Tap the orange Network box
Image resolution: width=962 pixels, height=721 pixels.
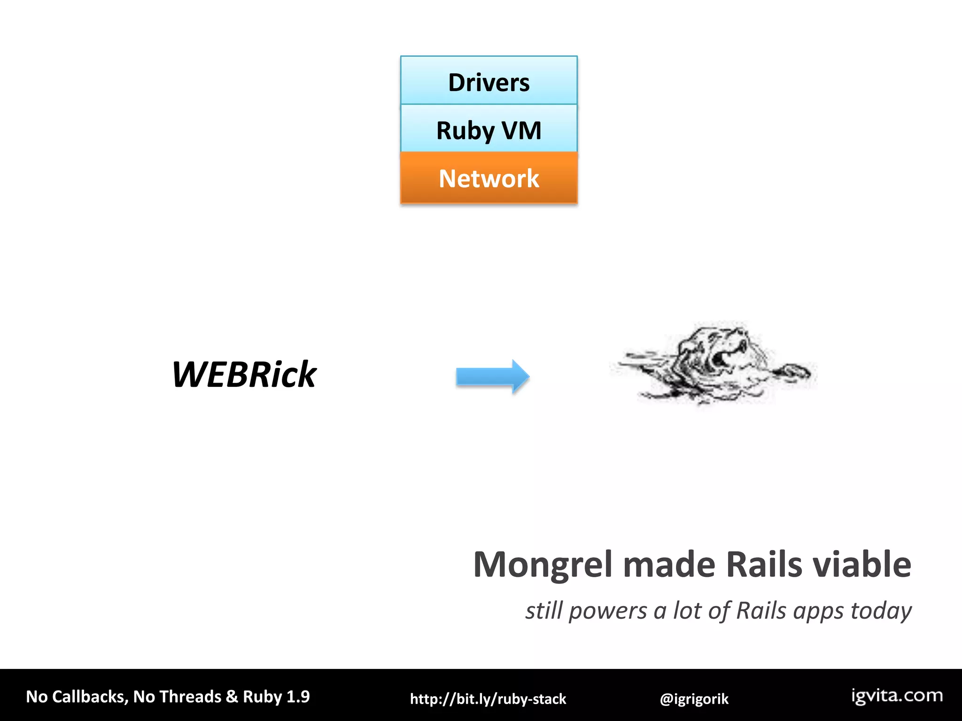coord(489,178)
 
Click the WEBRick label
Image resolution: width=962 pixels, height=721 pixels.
coord(244,375)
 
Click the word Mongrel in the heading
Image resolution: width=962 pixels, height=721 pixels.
coord(543,565)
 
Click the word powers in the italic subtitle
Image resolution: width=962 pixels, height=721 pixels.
coord(608,611)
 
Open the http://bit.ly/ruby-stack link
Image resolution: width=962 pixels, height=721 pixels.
coord(488,699)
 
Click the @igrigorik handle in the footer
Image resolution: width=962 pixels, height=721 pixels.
coord(694,699)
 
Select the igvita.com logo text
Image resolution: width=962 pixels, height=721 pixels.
coord(897,696)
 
